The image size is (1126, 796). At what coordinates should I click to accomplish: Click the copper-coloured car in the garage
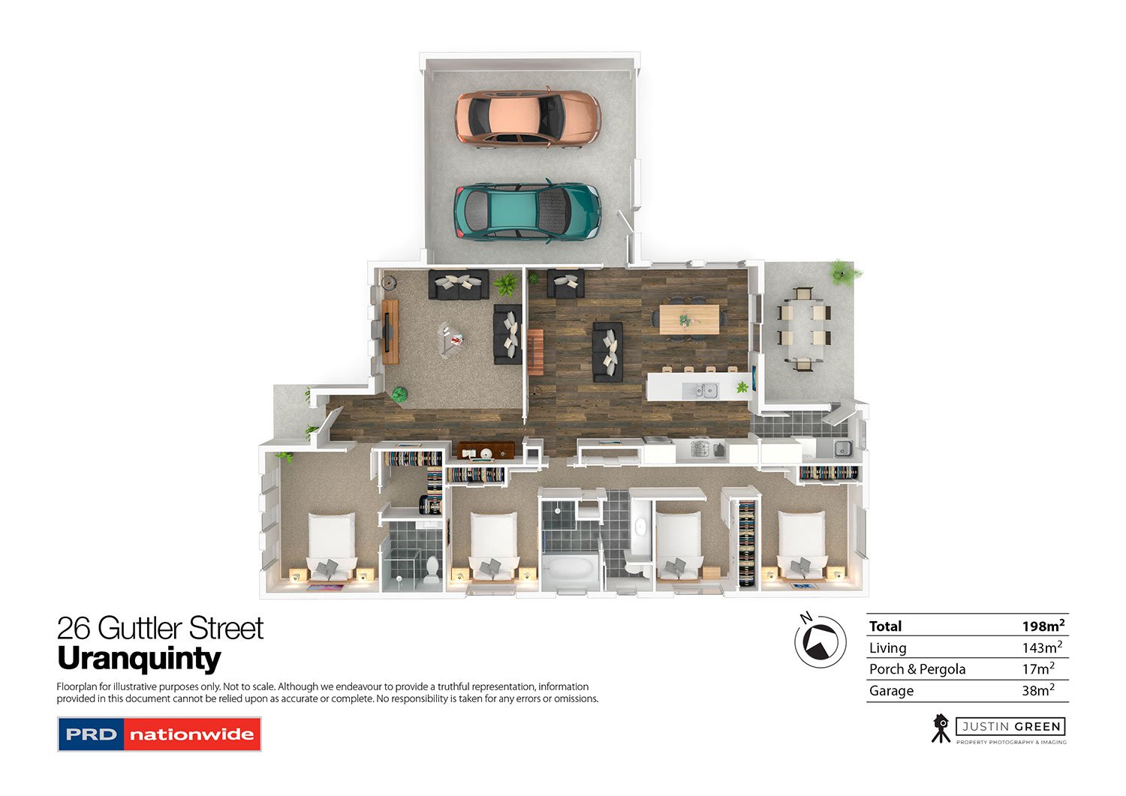pos(528,119)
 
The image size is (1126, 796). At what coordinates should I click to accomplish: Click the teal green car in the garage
pos(527,212)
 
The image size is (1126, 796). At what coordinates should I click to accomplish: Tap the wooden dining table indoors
pos(688,319)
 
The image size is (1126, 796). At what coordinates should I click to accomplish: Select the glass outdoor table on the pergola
pos(804,329)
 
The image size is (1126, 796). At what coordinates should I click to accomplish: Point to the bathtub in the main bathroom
pos(570,569)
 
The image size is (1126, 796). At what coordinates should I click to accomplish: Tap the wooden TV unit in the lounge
pos(390,332)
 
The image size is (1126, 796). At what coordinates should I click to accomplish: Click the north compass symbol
pos(820,641)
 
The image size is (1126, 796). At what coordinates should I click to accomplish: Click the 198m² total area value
pos(1043,626)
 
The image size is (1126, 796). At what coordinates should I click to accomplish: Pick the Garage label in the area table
pos(891,691)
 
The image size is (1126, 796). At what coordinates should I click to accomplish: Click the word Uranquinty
pos(139,659)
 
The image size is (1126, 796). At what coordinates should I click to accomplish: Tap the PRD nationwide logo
pos(159,734)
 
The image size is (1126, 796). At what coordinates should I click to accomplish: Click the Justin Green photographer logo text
pos(1010,727)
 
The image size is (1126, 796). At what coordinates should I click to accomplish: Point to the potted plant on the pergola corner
pos(844,272)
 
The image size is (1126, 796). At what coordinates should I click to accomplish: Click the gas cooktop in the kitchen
pos(700,449)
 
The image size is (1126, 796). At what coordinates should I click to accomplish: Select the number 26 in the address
pos(74,628)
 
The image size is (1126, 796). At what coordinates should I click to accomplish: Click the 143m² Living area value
pos(1042,647)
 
